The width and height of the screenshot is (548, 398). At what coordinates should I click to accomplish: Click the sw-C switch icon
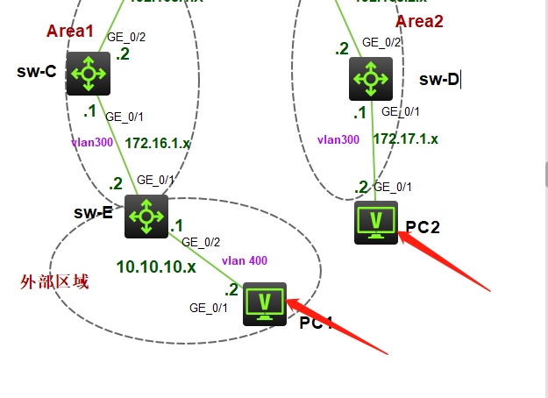coord(89,74)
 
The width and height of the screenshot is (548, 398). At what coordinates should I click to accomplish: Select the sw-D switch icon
coord(371,79)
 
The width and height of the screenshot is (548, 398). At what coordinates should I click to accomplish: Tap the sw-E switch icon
coord(146,217)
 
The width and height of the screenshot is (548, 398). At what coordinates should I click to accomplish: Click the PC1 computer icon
coord(265,303)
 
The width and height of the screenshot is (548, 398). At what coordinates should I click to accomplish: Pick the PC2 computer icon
coord(376,223)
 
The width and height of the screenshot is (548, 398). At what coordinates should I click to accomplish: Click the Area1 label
coord(69,32)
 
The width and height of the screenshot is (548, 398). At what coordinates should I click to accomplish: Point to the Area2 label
coord(419,21)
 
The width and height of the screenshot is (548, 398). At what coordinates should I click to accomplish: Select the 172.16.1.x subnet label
coord(158,143)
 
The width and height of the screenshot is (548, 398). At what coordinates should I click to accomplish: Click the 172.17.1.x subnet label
coord(406,139)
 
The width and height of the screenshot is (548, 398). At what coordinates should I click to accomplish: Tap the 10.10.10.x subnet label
coord(156,267)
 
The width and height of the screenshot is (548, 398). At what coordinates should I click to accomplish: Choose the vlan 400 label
coord(245,260)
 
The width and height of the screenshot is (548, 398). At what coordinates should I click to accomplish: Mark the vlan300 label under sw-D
coord(338,139)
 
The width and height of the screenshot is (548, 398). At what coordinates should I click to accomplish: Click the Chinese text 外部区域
coord(54,282)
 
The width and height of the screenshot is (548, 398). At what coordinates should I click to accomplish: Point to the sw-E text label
coord(93,211)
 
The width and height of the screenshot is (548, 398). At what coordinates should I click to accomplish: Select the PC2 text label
coord(423,228)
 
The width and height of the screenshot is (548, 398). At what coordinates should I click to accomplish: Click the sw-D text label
coord(439,80)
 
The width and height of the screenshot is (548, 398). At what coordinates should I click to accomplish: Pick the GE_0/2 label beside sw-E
coord(201,242)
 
